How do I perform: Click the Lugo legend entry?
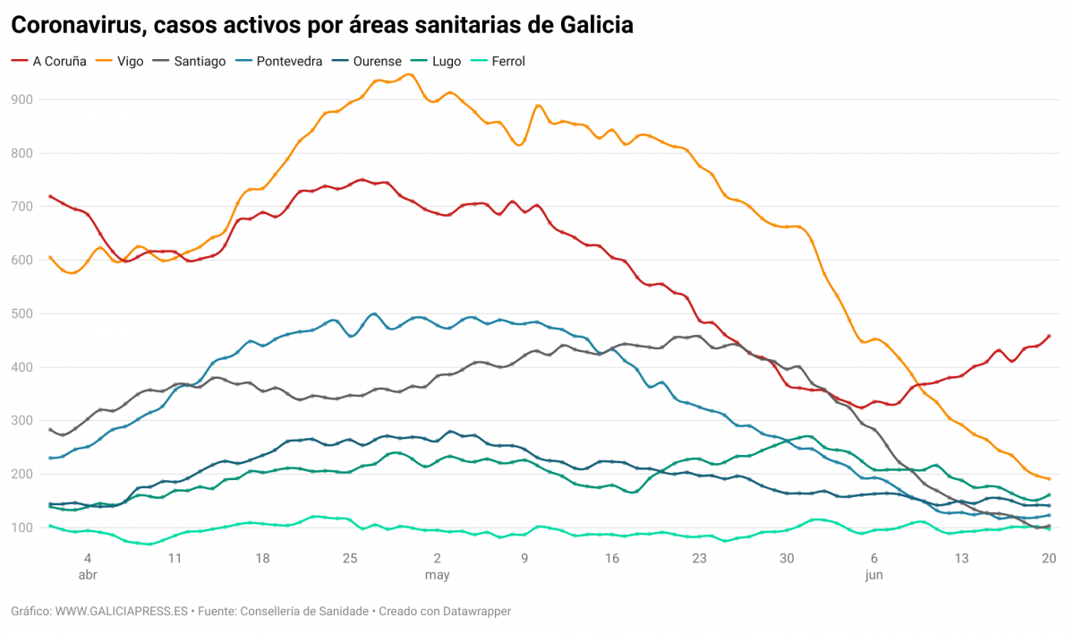tap(447, 62)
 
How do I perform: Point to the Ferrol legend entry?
tap(507, 62)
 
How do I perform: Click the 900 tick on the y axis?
tap(22, 99)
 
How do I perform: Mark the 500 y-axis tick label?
tap(22, 313)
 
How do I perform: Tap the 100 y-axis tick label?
tap(22, 528)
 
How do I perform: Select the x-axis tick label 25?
tap(350, 558)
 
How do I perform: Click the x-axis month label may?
tap(437, 575)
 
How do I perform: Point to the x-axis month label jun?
tap(874, 575)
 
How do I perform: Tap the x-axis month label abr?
tap(88, 575)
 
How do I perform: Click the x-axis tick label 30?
tap(787, 558)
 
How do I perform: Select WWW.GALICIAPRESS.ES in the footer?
tap(121, 611)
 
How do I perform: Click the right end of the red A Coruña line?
tap(1049, 336)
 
